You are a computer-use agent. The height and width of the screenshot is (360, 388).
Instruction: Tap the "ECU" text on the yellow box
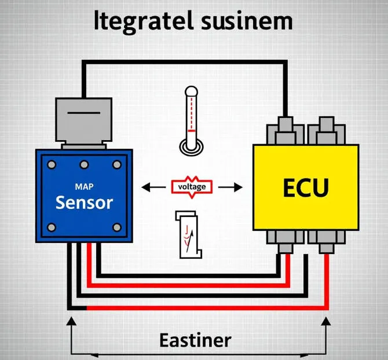click(306, 188)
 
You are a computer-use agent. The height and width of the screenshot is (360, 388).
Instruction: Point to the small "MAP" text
click(85, 187)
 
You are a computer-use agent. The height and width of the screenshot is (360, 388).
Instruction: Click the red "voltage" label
click(192, 187)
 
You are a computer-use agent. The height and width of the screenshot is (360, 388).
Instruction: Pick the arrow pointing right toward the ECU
click(235, 187)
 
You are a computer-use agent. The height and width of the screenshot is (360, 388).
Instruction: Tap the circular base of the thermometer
click(191, 145)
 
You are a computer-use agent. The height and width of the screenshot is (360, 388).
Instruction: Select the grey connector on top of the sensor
click(83, 121)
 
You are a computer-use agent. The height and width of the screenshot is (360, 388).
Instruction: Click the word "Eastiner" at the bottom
click(195, 340)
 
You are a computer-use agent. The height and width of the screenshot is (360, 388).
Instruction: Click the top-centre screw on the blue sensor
click(84, 164)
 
